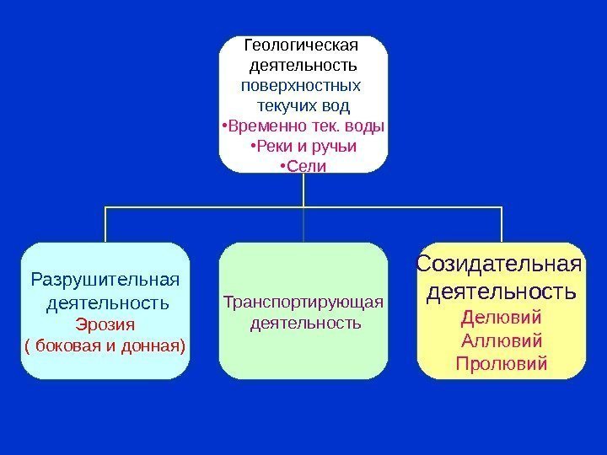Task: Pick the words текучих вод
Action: click(303, 106)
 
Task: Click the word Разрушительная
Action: click(105, 279)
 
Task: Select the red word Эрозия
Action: click(105, 324)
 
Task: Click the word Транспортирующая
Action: click(303, 302)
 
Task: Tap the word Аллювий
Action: click(501, 341)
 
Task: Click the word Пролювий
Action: click(501, 364)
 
